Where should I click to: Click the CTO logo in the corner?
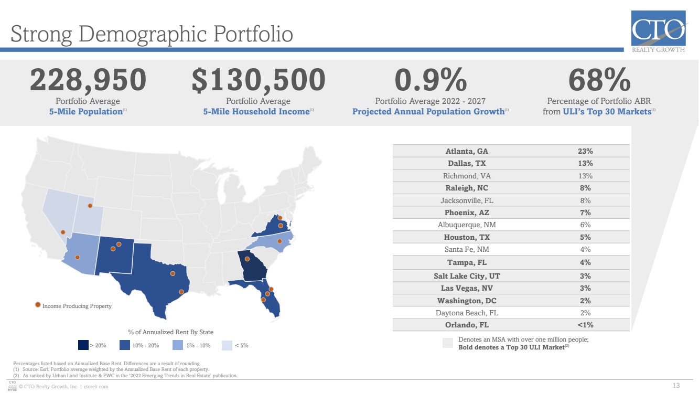659,31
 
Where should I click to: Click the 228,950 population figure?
88,80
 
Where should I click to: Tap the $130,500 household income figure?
259,80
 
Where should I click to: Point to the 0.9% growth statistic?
431,80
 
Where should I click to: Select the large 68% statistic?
599,80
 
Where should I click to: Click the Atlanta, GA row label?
467,151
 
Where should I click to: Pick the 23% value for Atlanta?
585,151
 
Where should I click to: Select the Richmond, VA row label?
467,176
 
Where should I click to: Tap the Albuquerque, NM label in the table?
467,225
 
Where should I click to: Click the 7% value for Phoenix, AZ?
585,213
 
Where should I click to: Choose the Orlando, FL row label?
467,325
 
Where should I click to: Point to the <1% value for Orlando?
585,325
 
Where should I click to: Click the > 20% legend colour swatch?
83,345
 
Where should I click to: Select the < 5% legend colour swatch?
227,345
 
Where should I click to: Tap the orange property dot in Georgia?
247,259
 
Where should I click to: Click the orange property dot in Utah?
90,206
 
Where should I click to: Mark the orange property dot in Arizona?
78,257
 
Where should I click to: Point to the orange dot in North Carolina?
279,241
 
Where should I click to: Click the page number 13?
676,386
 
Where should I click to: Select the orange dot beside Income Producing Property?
38,305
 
